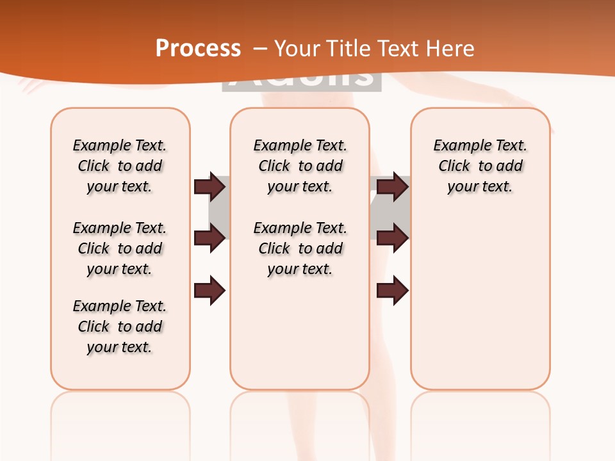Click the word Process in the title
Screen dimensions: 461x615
[198, 48]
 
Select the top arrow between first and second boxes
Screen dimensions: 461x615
[209, 186]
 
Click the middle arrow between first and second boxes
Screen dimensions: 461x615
[209, 238]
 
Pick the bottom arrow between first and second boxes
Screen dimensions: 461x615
[209, 290]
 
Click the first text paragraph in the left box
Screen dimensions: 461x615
[120, 166]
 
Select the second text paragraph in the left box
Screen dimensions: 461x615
[120, 248]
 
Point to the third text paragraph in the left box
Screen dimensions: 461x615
[120, 327]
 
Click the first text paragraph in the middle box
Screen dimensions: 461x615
[300, 166]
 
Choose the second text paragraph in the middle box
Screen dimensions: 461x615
[300, 248]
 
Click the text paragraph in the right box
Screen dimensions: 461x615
[480, 166]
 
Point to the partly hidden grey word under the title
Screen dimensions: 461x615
[301, 81]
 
